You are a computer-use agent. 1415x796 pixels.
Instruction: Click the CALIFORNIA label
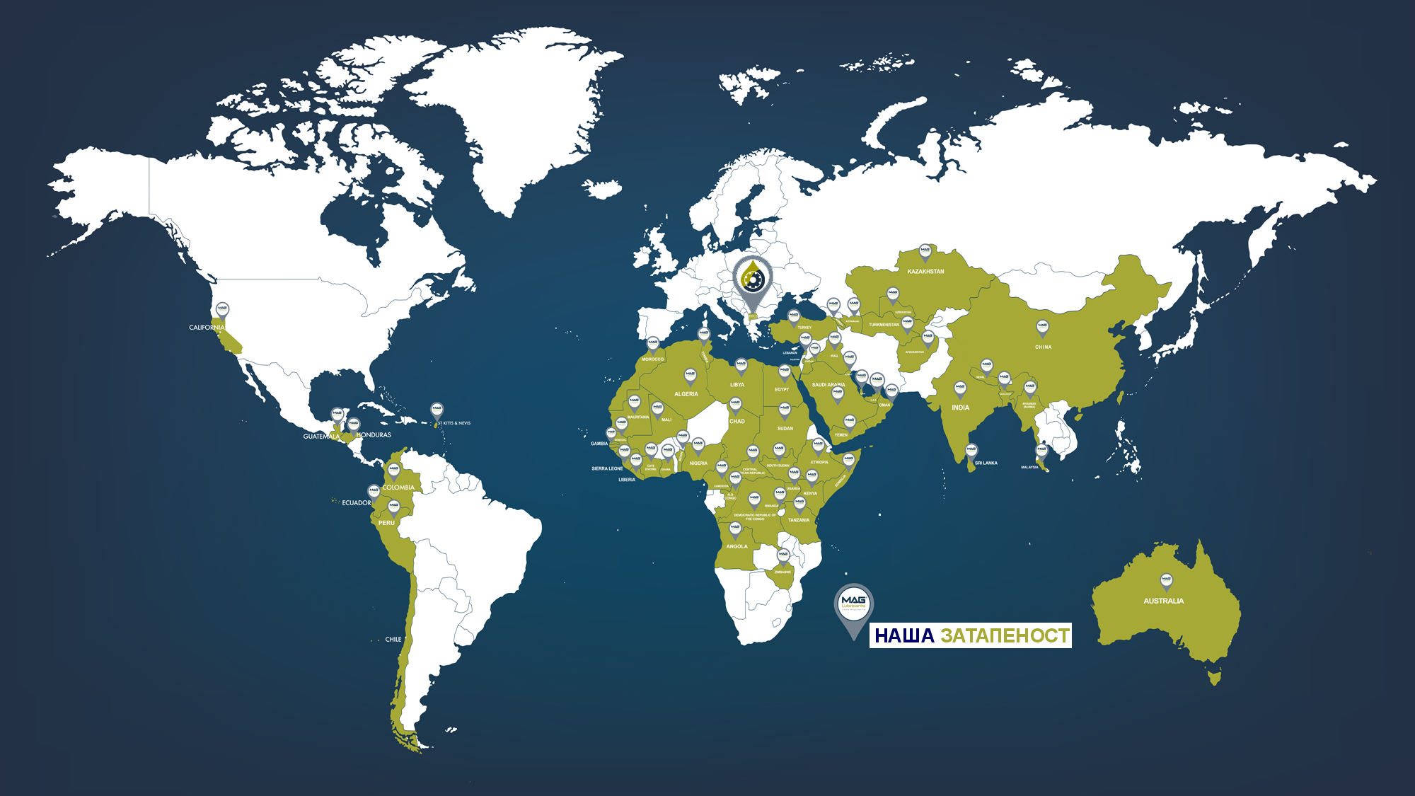(206, 328)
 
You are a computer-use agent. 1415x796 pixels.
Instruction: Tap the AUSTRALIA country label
(1163, 601)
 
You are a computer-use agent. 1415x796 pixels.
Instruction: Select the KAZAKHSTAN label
(925, 272)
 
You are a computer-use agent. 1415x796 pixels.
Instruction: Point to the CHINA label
(1043, 347)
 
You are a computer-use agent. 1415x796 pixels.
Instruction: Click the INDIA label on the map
(960, 408)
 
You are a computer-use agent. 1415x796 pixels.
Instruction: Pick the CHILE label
(393, 640)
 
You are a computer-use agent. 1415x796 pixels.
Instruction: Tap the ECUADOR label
(357, 503)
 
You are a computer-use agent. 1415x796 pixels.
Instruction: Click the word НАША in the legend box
(904, 635)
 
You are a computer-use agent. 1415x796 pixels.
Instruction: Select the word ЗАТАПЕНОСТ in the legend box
(1005, 635)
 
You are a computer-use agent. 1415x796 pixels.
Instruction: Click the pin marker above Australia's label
(1166, 581)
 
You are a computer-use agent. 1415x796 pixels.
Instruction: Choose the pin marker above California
(223, 310)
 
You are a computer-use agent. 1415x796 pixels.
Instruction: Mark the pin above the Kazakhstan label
(925, 251)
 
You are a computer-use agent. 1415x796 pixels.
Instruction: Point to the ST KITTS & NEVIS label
(454, 423)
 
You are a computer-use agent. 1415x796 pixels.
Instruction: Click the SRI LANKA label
(986, 463)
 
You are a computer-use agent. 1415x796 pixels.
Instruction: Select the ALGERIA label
(686, 394)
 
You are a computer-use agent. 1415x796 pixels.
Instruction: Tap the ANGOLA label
(737, 546)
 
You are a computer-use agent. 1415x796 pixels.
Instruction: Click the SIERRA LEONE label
(607, 468)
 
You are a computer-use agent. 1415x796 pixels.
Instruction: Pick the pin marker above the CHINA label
(1042, 328)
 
